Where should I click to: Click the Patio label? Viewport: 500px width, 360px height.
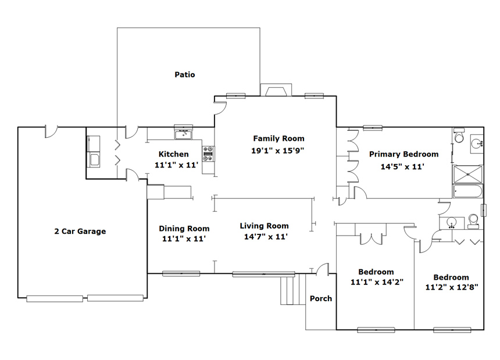tap(185, 74)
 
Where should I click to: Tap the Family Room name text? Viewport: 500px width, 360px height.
tap(278, 138)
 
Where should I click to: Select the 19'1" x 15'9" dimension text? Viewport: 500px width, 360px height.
tap(278, 151)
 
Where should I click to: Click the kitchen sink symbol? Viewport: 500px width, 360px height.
tap(183, 133)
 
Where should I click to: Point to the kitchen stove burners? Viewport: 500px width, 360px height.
tap(208, 154)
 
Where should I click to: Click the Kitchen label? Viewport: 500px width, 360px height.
tap(173, 154)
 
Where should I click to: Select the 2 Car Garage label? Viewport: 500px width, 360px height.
tap(80, 231)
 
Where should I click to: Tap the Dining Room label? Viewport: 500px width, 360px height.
tap(184, 229)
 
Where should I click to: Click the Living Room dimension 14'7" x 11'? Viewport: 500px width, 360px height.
tap(266, 237)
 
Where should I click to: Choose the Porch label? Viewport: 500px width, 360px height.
tap(321, 298)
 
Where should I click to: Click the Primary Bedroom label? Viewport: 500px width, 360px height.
tap(403, 154)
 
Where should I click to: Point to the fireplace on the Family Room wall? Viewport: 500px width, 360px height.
tap(276, 90)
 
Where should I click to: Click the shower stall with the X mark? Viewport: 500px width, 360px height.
tap(468, 174)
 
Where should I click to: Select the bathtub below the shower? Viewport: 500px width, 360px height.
tap(468, 191)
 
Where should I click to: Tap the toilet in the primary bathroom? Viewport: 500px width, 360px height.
tap(459, 135)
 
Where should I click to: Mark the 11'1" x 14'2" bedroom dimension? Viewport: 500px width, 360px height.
tap(377, 282)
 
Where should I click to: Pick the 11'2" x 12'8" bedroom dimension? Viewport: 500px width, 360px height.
tap(452, 287)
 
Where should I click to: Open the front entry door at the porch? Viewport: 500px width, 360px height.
tap(322, 269)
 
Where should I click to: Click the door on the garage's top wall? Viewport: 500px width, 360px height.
tap(51, 131)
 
